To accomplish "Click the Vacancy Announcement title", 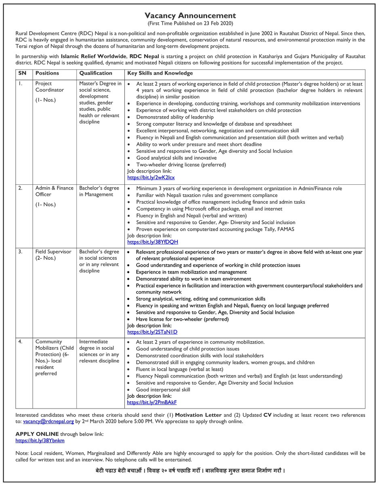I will (x=190, y=16).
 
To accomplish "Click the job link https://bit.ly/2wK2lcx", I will (x=151, y=177).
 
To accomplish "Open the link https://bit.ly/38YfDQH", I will (x=152, y=242).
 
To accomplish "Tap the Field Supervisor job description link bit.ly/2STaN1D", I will (x=152, y=332).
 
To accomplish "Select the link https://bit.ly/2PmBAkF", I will (x=152, y=403).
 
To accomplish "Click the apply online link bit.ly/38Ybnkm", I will (x=40, y=441).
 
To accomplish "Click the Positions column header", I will (x=47, y=73).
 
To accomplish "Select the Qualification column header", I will (x=96, y=73).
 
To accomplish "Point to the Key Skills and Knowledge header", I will (x=160, y=73).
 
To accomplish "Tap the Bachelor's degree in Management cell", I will (x=99, y=191).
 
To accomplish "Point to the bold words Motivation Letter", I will (x=198, y=415).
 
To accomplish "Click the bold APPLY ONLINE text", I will (x=37, y=434).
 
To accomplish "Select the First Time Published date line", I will (x=190, y=23).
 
